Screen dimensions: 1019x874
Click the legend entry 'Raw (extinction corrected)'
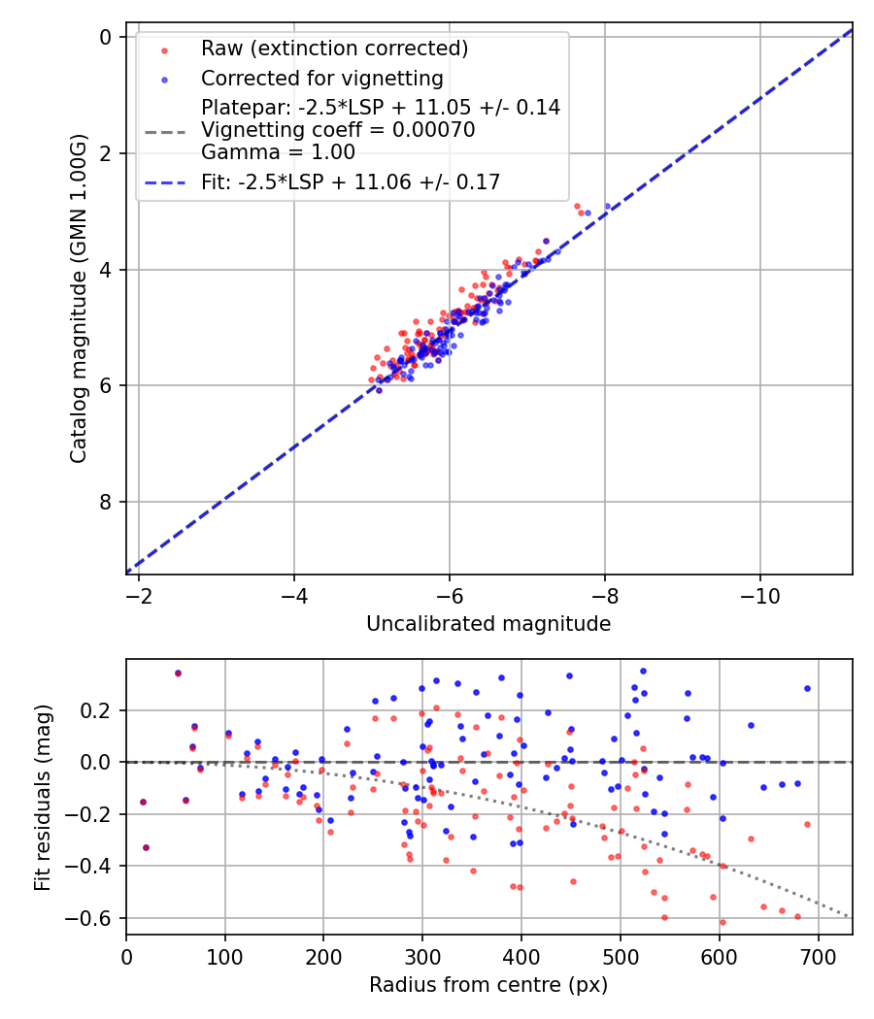click(x=334, y=49)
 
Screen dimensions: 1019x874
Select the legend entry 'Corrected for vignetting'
click(x=321, y=79)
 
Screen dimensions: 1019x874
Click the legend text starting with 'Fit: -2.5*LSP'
click(x=351, y=181)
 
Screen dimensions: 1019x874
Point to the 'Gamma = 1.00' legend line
click(x=278, y=152)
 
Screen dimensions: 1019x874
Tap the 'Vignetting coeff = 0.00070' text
click(x=338, y=130)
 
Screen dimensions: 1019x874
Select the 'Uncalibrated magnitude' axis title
click(x=488, y=624)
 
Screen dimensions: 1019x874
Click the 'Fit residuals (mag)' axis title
click(x=42, y=798)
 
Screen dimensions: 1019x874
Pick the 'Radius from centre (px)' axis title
click(x=488, y=985)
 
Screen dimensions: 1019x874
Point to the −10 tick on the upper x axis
click(x=759, y=594)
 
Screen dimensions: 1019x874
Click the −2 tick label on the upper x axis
click(x=139, y=594)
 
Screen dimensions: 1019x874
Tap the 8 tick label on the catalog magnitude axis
click(x=107, y=502)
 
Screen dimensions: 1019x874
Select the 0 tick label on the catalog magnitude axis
click(x=107, y=37)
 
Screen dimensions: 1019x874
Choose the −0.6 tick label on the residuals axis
click(x=90, y=918)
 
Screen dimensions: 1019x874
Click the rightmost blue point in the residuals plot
click(x=807, y=688)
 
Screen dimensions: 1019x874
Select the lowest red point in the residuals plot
click(x=723, y=922)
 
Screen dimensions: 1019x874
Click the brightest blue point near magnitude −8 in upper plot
click(x=608, y=207)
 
